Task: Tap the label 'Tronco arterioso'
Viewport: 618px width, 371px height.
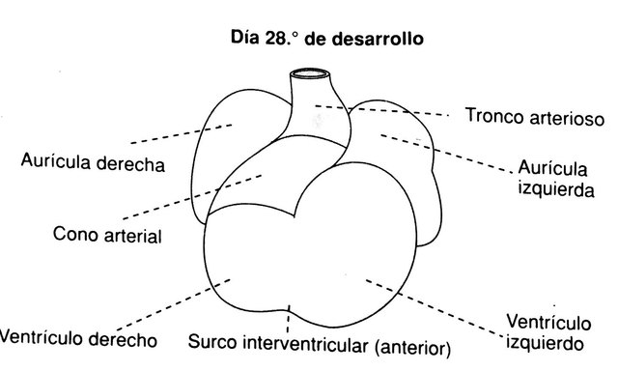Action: click(533, 117)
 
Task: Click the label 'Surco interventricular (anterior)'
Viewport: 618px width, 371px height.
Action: click(319, 342)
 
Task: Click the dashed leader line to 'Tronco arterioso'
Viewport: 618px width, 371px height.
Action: click(386, 110)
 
